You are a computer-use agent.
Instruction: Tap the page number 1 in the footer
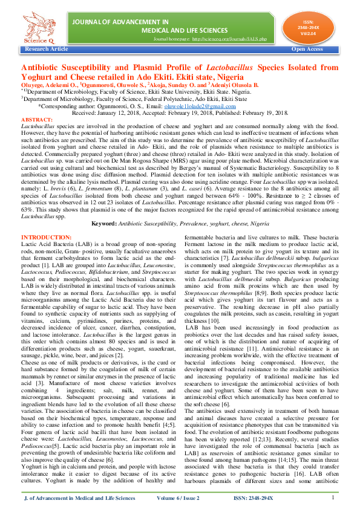(333, 497)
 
